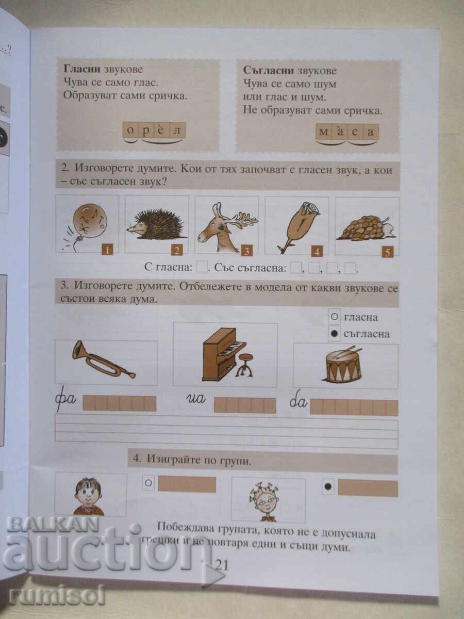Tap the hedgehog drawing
156,224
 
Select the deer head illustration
226,225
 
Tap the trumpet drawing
104,359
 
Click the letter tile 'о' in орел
130,130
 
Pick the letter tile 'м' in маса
323,132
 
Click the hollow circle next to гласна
334,317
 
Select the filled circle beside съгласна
334,334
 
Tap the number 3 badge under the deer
247,251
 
